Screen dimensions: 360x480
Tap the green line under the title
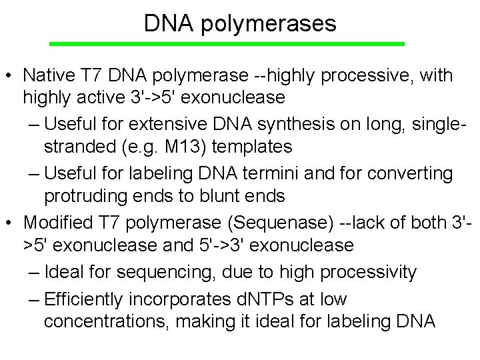(227, 43)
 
